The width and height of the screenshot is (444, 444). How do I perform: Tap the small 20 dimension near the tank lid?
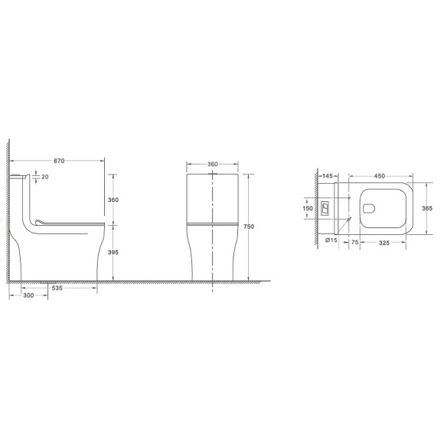[45, 177]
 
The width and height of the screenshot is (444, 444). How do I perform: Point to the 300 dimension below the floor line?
[28, 295]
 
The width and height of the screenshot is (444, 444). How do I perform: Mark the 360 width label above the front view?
[214, 164]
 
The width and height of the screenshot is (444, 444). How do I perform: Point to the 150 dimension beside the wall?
[308, 207]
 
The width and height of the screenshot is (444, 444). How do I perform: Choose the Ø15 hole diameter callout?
[332, 240]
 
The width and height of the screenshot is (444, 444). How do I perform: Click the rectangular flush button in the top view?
[325, 207]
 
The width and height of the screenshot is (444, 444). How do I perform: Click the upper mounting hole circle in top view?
[348, 198]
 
